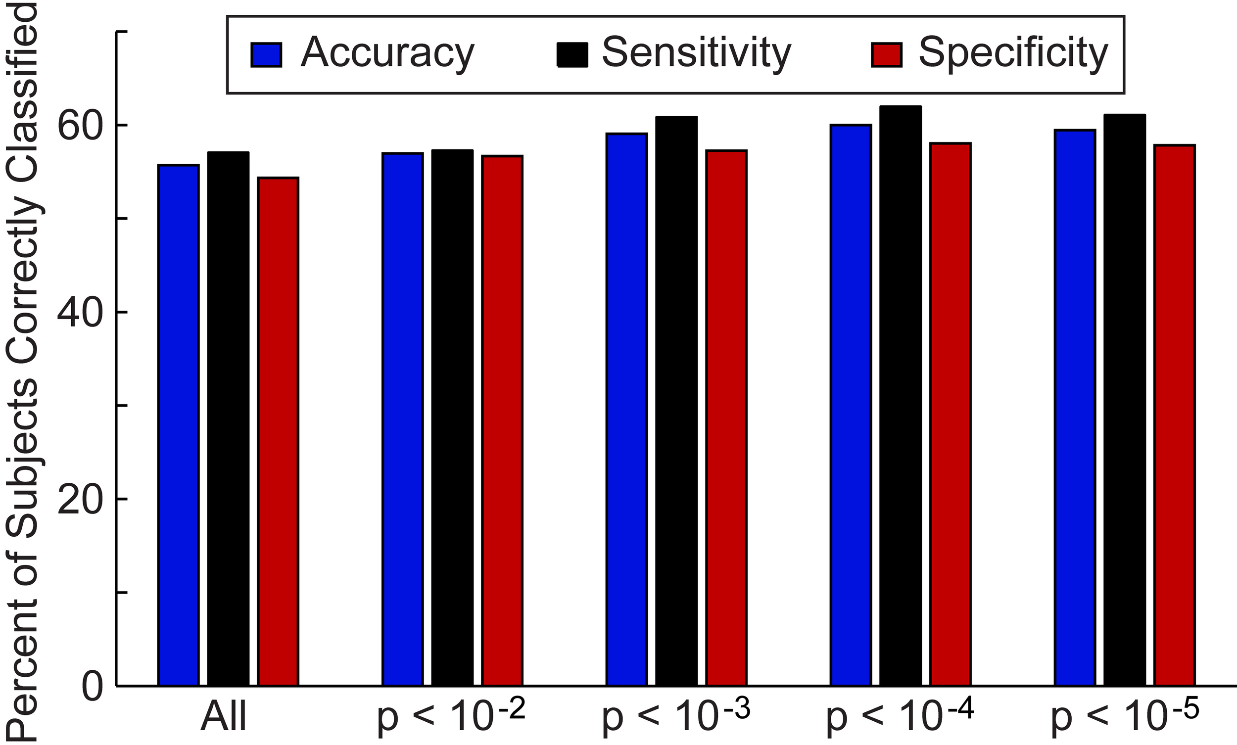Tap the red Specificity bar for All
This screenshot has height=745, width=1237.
(x=278, y=431)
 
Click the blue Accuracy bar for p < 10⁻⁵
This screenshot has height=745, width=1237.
(x=1074, y=407)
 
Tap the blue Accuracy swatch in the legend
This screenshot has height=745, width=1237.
(x=266, y=55)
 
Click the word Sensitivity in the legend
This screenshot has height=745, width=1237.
(x=696, y=53)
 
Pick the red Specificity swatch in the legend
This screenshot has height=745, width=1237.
(x=887, y=55)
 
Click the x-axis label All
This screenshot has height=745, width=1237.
(x=224, y=718)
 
